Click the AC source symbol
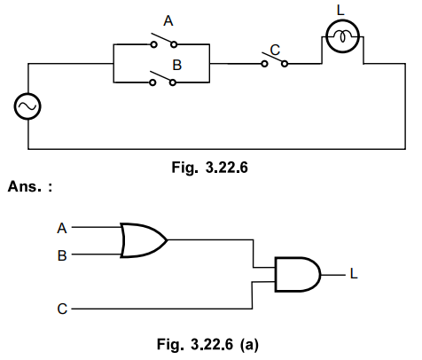pos(27,107)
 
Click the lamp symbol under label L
pos(341,36)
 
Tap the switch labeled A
pos(160,42)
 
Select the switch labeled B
pos(160,81)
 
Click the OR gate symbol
pos(143,239)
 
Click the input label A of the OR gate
pos(62,227)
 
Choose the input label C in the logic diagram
pos(62,310)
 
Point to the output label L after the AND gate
pos(354,274)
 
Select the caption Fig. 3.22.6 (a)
pos(208,340)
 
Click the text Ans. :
pos(29,187)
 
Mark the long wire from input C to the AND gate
pos(160,310)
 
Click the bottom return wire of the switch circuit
pos(204,148)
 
